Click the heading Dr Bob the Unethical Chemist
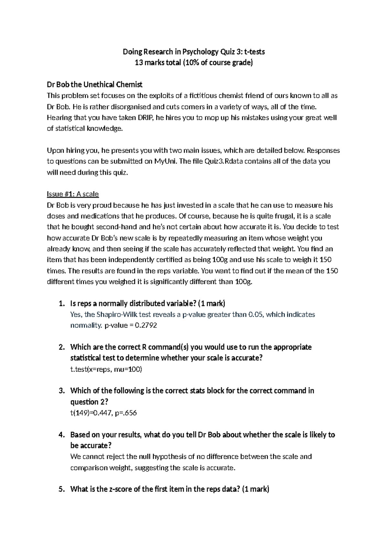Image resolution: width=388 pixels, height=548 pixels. (x=94, y=85)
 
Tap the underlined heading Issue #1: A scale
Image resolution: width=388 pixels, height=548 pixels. (x=73, y=194)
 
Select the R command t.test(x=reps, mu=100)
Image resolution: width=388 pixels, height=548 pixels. (x=106, y=369)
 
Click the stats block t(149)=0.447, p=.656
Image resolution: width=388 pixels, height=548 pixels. (x=103, y=413)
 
